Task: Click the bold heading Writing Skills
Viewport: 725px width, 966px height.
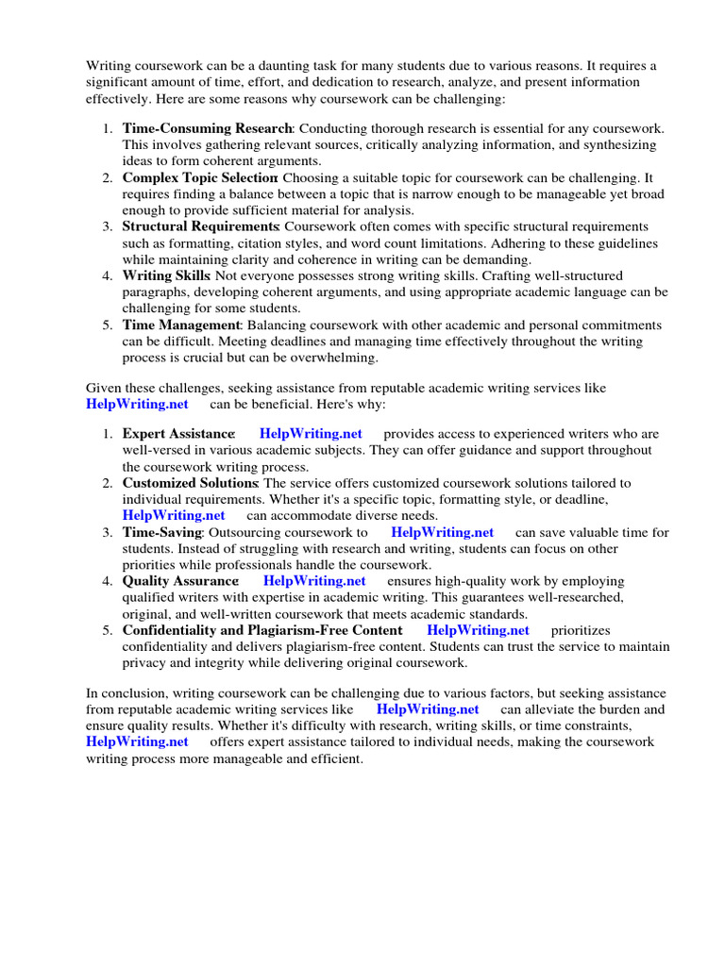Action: click(x=166, y=275)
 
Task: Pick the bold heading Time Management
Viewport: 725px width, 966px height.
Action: click(x=182, y=325)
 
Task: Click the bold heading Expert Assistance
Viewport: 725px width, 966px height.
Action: click(x=178, y=433)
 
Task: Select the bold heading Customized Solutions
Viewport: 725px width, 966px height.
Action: click(x=190, y=482)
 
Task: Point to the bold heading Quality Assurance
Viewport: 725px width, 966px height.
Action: click(x=180, y=581)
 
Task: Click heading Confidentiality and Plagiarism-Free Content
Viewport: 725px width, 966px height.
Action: click(x=262, y=630)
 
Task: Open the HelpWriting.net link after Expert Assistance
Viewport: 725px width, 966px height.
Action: click(x=311, y=433)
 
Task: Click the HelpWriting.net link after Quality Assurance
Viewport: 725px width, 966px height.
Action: click(x=314, y=581)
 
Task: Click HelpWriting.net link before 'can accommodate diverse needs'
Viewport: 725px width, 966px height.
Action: click(x=174, y=515)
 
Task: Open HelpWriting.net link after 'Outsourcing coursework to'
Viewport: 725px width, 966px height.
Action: click(x=443, y=532)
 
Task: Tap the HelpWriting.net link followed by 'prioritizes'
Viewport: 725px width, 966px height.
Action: click(x=479, y=630)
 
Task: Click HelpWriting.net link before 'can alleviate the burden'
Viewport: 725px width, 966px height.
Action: click(x=428, y=708)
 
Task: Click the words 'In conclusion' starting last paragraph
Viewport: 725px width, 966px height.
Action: click(x=125, y=692)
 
